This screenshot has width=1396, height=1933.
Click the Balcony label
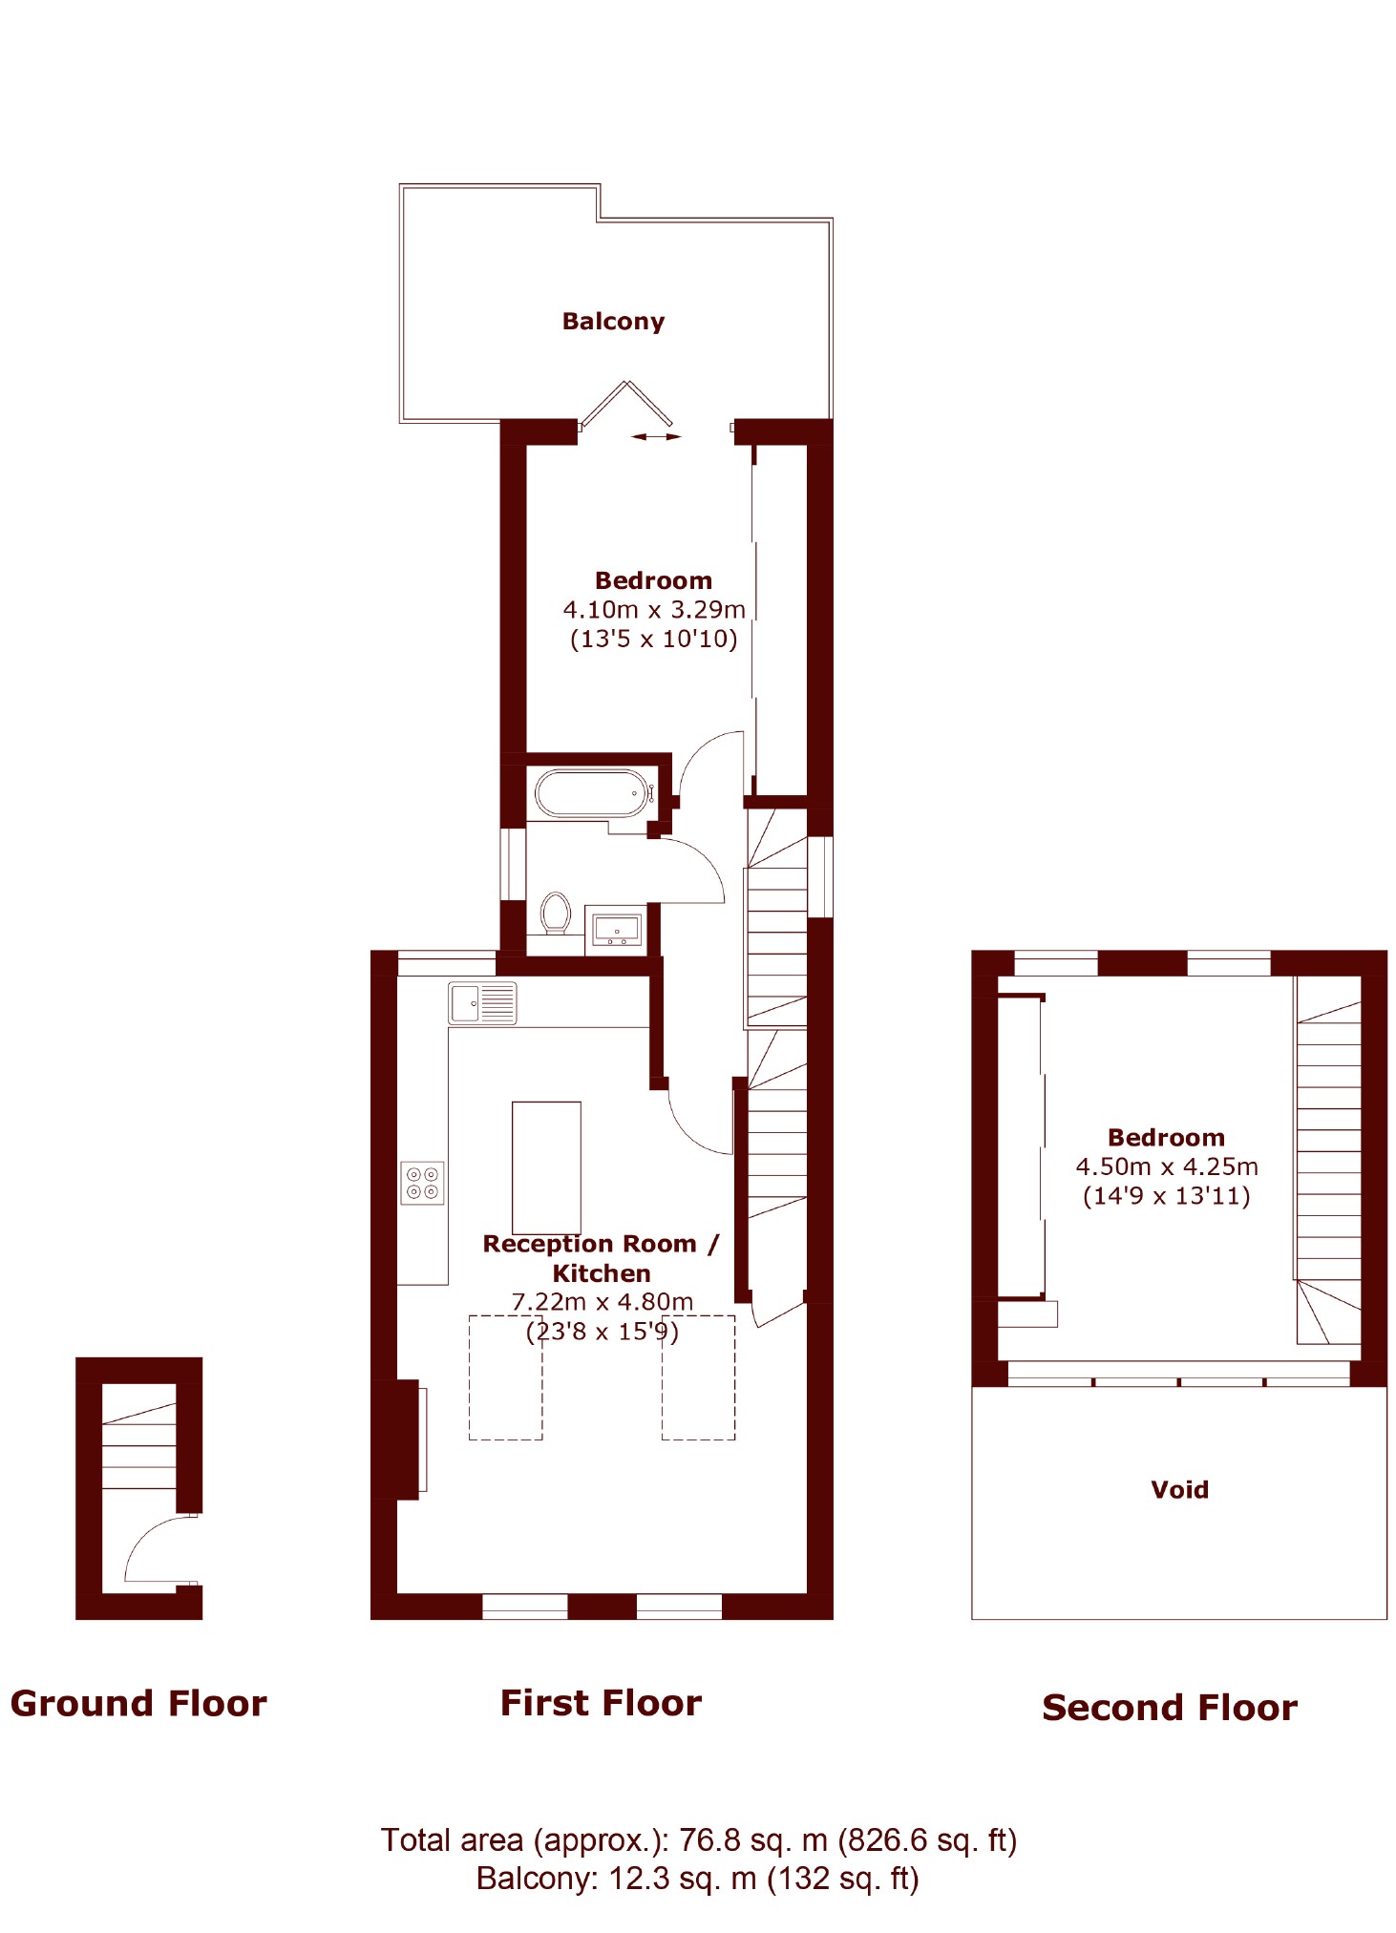(612, 322)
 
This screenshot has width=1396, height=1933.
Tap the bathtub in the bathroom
(592, 793)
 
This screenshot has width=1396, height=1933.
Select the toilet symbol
(556, 913)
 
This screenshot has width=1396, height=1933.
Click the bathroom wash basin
(617, 927)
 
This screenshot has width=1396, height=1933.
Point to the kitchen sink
(482, 1003)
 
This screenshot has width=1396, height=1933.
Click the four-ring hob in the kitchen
(422, 1183)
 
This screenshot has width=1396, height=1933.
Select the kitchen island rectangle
(546, 1167)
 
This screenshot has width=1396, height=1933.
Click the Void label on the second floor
(1179, 1489)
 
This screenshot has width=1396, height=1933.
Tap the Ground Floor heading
(138, 1704)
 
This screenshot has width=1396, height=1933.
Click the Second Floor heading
(1170, 1708)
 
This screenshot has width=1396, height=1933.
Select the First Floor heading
(601, 1703)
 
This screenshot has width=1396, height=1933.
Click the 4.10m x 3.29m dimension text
(654, 610)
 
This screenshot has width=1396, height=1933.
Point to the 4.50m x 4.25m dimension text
(1167, 1166)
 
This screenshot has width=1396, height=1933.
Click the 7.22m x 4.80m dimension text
(602, 1302)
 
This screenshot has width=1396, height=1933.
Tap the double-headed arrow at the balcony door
(657, 437)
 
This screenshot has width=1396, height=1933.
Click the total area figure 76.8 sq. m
(752, 1840)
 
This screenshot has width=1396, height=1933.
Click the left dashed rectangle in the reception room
(505, 1377)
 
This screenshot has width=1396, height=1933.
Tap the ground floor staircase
(139, 1446)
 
